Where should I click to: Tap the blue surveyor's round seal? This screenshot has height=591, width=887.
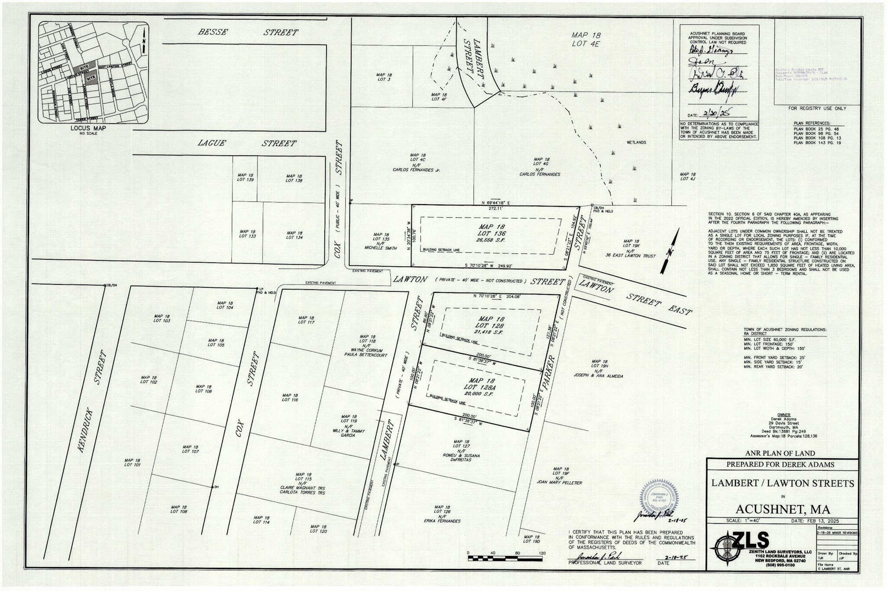point(660,497)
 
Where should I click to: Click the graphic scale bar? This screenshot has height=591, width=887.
point(505,558)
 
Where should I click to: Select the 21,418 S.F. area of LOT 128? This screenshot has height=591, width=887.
point(488,332)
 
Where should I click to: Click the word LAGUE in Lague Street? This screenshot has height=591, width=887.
point(211,144)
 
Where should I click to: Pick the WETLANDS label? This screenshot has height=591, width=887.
point(636,143)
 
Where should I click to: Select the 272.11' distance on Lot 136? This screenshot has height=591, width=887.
point(495,209)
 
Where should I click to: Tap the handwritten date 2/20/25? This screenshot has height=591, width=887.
point(716,114)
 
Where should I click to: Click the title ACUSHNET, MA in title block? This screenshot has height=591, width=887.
point(783,509)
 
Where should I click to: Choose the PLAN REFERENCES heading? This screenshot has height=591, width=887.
point(812,124)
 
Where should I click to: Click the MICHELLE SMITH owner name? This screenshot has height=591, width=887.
point(380,248)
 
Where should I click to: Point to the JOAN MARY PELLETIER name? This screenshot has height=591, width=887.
point(559,482)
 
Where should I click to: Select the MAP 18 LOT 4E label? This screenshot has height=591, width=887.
point(585,39)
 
